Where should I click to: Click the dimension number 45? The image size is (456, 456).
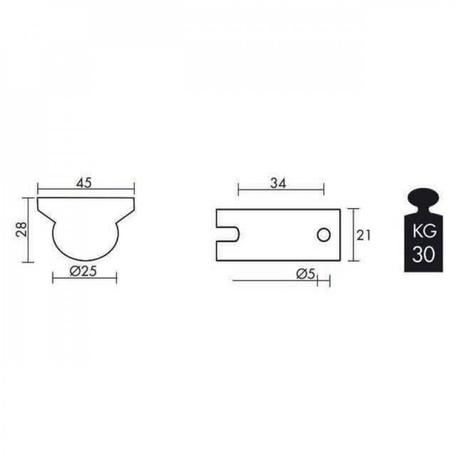[84, 183]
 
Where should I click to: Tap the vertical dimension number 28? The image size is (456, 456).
[22, 229]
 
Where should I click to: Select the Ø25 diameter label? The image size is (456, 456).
[83, 271]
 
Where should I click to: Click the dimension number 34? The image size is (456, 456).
[278, 184]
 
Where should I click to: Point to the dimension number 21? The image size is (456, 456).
[364, 235]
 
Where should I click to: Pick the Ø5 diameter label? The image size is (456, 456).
[306, 274]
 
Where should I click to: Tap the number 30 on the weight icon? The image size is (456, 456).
[424, 254]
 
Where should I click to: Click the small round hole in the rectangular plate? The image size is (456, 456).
[323, 235]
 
